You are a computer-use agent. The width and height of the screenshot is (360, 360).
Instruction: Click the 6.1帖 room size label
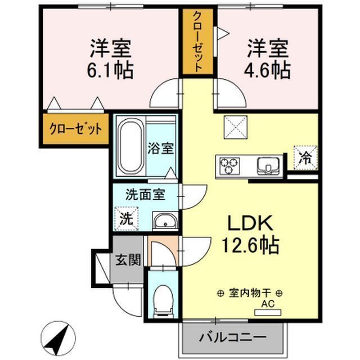pos(110,70)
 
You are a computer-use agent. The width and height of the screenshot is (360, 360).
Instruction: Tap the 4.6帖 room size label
pos(267,70)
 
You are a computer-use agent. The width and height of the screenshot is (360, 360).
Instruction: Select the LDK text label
pos(250,223)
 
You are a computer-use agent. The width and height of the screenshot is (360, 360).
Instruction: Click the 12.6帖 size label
pos(250,245)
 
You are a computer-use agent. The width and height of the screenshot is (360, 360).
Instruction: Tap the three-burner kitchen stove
pos(229,166)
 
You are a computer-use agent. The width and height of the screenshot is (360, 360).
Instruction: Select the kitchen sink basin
pos(268,166)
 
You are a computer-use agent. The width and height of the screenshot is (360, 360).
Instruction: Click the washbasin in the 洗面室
pos(165,220)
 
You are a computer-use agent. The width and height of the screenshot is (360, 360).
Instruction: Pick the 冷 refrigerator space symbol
pos(305,157)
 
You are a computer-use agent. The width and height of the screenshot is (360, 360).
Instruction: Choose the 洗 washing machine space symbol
pos(127,218)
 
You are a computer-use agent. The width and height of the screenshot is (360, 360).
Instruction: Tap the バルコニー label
pos(232,337)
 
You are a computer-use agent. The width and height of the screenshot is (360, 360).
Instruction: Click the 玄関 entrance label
pos(128,260)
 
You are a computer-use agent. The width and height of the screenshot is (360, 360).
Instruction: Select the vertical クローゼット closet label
pos(197,42)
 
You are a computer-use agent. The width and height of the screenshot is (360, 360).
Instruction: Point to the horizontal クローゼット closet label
pos(75,129)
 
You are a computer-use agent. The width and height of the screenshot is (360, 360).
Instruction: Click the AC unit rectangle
pos(268,312)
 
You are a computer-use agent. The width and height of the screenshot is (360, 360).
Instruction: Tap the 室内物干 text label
pos(250,293)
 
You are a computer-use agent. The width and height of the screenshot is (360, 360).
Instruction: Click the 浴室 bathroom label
pos(160,148)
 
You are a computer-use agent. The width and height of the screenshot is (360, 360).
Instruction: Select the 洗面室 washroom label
pos(145,195)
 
